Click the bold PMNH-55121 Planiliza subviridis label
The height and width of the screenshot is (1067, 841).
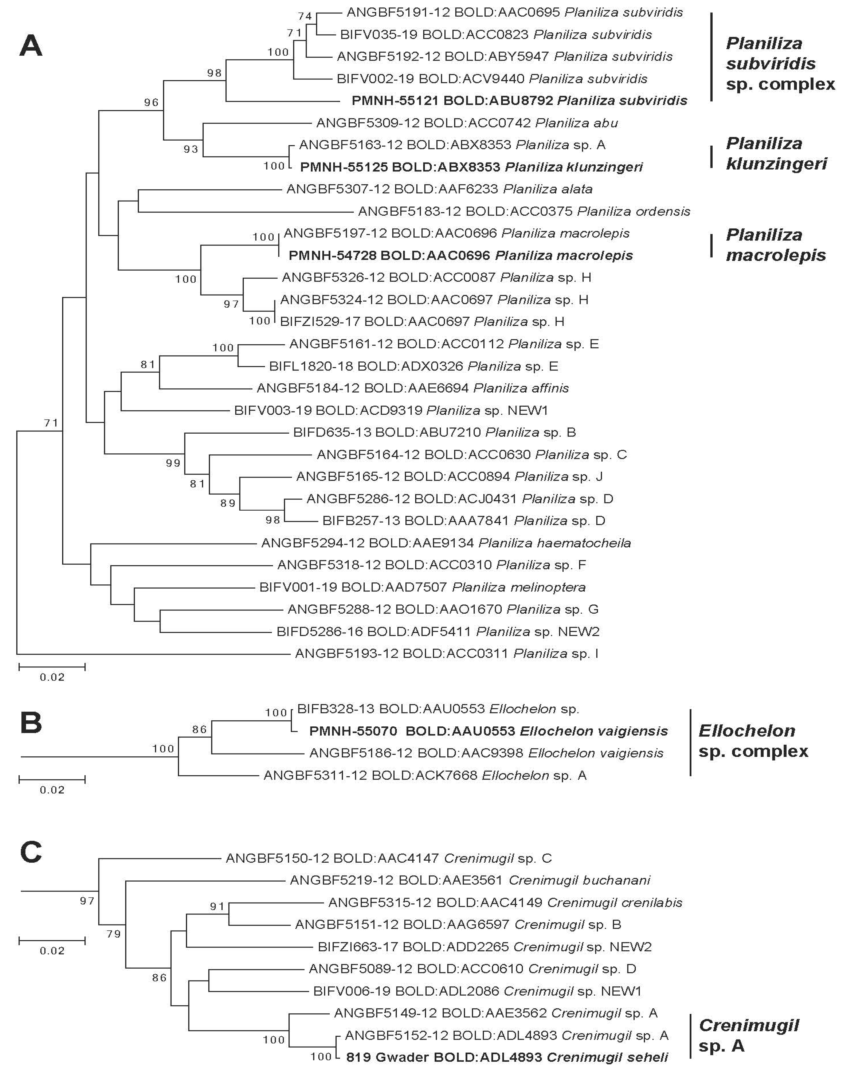(x=519, y=101)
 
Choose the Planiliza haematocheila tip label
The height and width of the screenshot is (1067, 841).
(x=446, y=543)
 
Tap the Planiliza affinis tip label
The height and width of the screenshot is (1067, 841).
(x=412, y=388)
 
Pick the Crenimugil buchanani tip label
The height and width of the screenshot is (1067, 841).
(x=470, y=880)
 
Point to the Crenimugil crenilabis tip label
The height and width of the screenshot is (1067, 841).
(x=505, y=903)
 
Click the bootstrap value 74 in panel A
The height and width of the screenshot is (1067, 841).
(x=305, y=16)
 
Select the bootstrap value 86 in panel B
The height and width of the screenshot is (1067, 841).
(x=200, y=729)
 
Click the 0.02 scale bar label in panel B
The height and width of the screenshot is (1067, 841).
(x=52, y=790)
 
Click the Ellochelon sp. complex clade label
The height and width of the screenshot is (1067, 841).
(x=753, y=741)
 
